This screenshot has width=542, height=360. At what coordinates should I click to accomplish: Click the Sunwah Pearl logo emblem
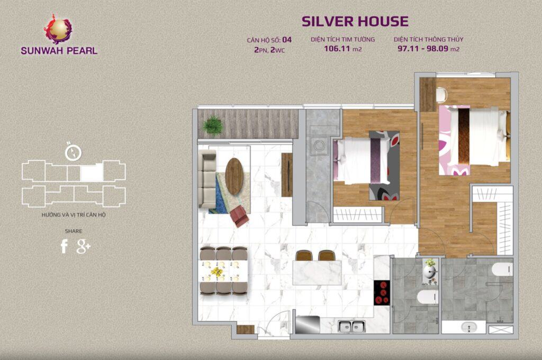click(x=58, y=29)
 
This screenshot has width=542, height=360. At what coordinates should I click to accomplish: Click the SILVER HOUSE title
click(x=355, y=21)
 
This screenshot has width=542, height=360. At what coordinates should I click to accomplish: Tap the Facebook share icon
click(x=64, y=246)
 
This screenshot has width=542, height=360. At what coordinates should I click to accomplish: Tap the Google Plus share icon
click(x=83, y=246)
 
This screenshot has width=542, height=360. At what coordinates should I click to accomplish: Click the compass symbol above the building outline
click(x=73, y=152)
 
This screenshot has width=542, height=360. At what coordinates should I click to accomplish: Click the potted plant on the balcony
click(x=213, y=125)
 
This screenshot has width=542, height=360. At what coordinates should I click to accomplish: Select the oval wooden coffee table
click(x=234, y=176)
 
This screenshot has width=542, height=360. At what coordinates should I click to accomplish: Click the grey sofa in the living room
click(x=207, y=179)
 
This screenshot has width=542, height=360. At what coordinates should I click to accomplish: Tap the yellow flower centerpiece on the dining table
click(x=217, y=272)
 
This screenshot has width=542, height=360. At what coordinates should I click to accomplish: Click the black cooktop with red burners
click(x=382, y=293)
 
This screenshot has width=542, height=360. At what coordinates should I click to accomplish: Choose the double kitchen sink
click(x=351, y=326)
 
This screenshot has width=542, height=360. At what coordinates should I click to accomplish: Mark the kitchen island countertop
click(x=317, y=273)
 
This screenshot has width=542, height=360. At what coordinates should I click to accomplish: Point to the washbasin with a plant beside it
click(x=429, y=272)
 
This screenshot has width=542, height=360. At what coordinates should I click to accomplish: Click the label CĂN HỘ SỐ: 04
click(x=269, y=39)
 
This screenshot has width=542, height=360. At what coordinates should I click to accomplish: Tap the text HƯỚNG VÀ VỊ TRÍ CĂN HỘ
click(x=73, y=215)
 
